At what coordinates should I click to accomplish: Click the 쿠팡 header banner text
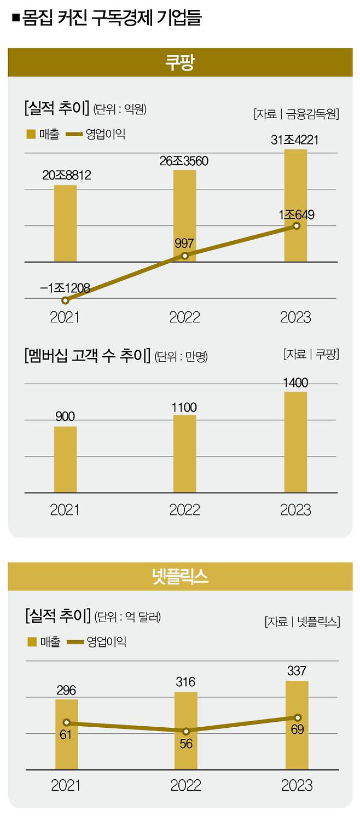[180, 62]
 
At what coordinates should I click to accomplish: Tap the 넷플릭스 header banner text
[180, 576]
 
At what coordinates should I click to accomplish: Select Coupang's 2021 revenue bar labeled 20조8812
[65, 223]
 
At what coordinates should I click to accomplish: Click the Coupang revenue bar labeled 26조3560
[184, 216]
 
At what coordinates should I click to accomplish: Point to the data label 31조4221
[294, 140]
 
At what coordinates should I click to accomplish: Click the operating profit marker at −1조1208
[65, 300]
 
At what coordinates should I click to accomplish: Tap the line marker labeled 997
[185, 256]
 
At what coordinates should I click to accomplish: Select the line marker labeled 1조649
[297, 226]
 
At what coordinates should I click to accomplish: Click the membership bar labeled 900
[65, 460]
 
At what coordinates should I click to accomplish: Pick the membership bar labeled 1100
[184, 454]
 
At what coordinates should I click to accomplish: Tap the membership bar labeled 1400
[295, 442]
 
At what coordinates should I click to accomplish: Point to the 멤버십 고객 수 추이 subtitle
[87, 355]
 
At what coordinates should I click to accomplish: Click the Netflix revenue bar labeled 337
[297, 726]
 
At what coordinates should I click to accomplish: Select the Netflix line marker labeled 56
[186, 731]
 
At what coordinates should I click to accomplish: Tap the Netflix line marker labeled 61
[66, 722]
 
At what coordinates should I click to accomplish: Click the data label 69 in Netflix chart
[297, 729]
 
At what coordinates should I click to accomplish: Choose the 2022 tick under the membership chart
[184, 509]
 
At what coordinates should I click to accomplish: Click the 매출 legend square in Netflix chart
[32, 642]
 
